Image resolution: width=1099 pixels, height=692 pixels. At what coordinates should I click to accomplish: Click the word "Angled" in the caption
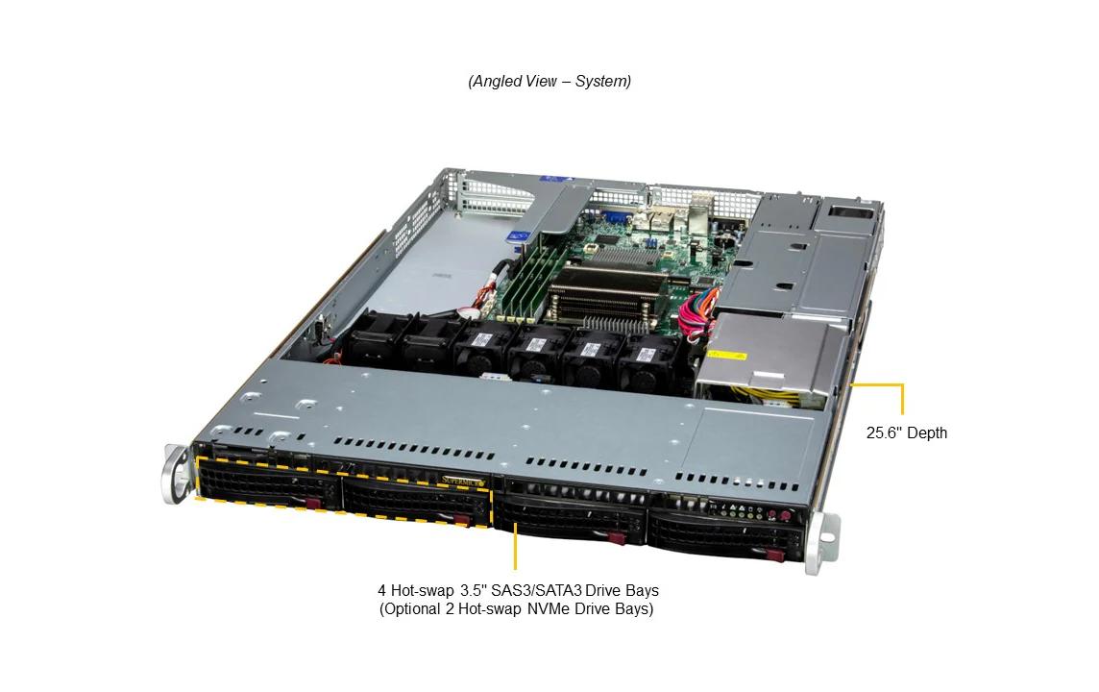497,82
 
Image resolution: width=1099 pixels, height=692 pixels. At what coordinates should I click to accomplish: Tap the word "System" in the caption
600,82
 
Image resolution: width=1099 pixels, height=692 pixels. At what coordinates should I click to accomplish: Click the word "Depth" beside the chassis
927,433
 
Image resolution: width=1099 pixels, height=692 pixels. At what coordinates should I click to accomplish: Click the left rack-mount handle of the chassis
177,473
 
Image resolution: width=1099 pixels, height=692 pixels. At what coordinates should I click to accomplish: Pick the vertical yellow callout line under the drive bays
515,547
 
